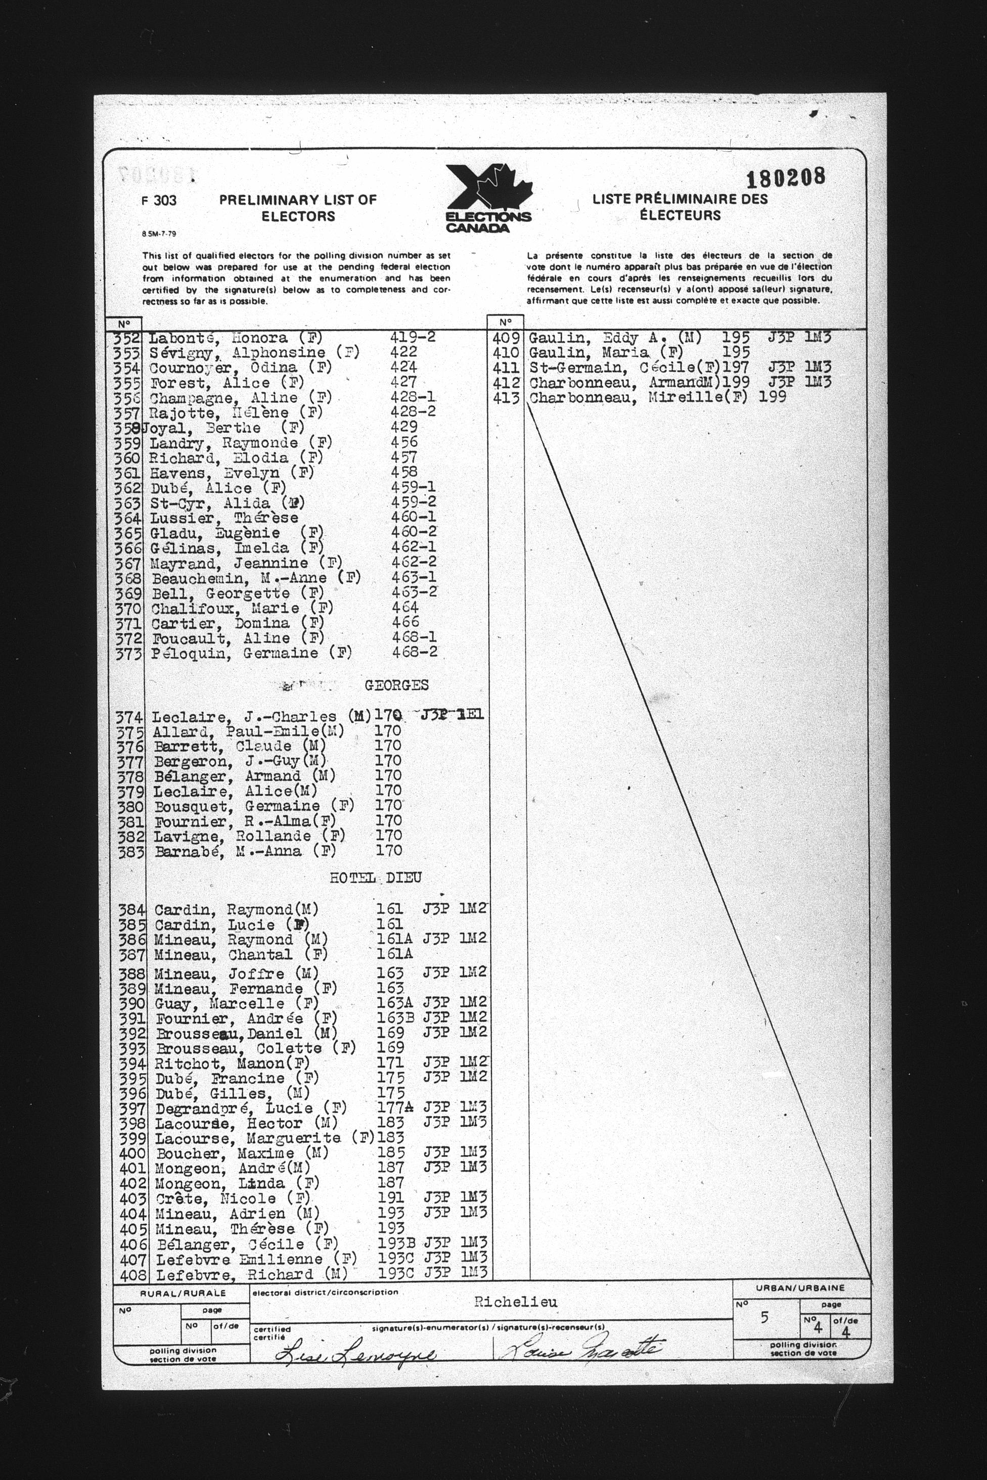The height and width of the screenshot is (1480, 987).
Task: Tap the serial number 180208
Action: [x=785, y=178]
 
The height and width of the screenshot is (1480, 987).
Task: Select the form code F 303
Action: [x=159, y=201]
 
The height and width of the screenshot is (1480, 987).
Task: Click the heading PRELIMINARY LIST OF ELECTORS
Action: [x=298, y=208]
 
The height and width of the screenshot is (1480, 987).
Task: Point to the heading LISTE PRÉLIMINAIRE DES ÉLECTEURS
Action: [x=680, y=207]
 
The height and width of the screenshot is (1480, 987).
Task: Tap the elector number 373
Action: [x=128, y=654]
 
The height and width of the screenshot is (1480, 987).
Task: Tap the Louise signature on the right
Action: [x=582, y=1348]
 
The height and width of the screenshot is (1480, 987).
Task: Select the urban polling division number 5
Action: [x=764, y=1317]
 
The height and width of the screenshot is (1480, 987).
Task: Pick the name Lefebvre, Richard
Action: [x=236, y=1274]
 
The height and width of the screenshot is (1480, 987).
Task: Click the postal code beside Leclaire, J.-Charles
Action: [x=452, y=715]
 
